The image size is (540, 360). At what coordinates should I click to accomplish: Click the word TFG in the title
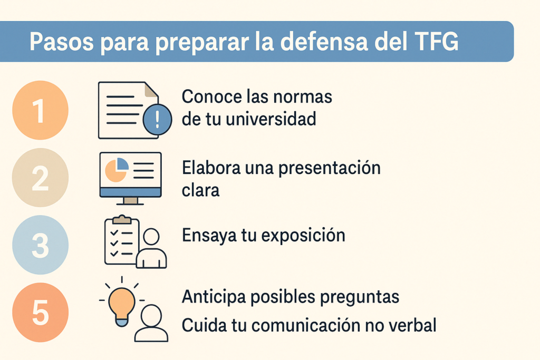tap(433, 42)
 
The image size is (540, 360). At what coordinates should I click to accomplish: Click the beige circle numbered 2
tap(40, 178)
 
